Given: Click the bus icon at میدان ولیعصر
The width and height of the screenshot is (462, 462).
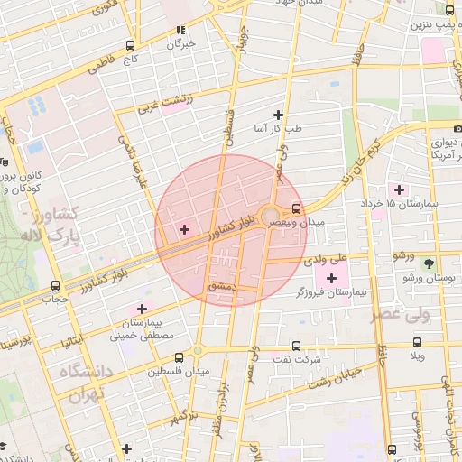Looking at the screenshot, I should click(299, 207).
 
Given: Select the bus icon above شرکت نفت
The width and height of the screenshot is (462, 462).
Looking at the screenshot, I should click(297, 346).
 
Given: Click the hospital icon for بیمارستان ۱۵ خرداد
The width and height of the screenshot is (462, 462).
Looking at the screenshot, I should click(399, 189).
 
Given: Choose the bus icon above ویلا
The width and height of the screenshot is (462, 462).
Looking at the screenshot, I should click(417, 342).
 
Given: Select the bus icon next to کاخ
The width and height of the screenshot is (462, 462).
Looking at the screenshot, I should click(132, 45).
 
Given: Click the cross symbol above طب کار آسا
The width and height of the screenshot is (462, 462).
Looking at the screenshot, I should click(277, 115).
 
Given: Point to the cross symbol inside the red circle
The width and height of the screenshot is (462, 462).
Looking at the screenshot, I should click(185, 230).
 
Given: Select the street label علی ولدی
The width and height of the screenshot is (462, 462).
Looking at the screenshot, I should click(326, 259).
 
